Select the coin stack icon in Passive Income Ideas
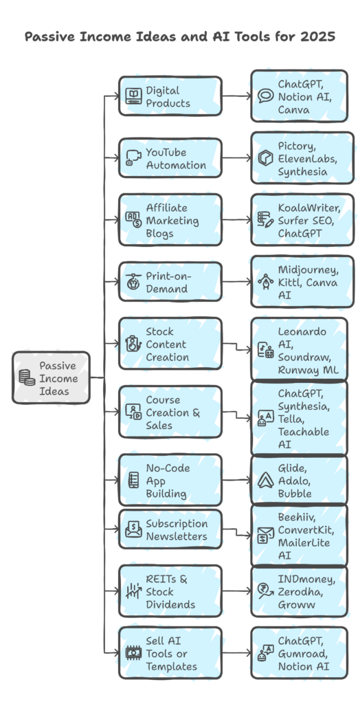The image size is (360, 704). pyautogui.click(x=27, y=377)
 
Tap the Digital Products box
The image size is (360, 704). pyautogui.click(x=170, y=96)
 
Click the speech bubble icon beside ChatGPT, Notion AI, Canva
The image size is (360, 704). pyautogui.click(x=265, y=96)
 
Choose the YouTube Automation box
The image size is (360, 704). pyautogui.click(x=170, y=158)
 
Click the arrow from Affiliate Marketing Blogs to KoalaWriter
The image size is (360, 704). pyautogui.click(x=237, y=220)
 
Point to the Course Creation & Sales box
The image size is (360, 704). pyautogui.click(x=170, y=412)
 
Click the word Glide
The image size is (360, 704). pyautogui.click(x=293, y=468)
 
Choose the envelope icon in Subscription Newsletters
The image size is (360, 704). pyautogui.click(x=133, y=529)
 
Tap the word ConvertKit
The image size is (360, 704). pyautogui.click(x=306, y=530)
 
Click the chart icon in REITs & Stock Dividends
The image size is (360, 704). pyautogui.click(x=133, y=591)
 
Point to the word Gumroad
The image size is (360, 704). pyautogui.click(x=302, y=654)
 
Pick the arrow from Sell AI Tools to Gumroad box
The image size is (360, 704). pyautogui.click(x=237, y=653)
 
